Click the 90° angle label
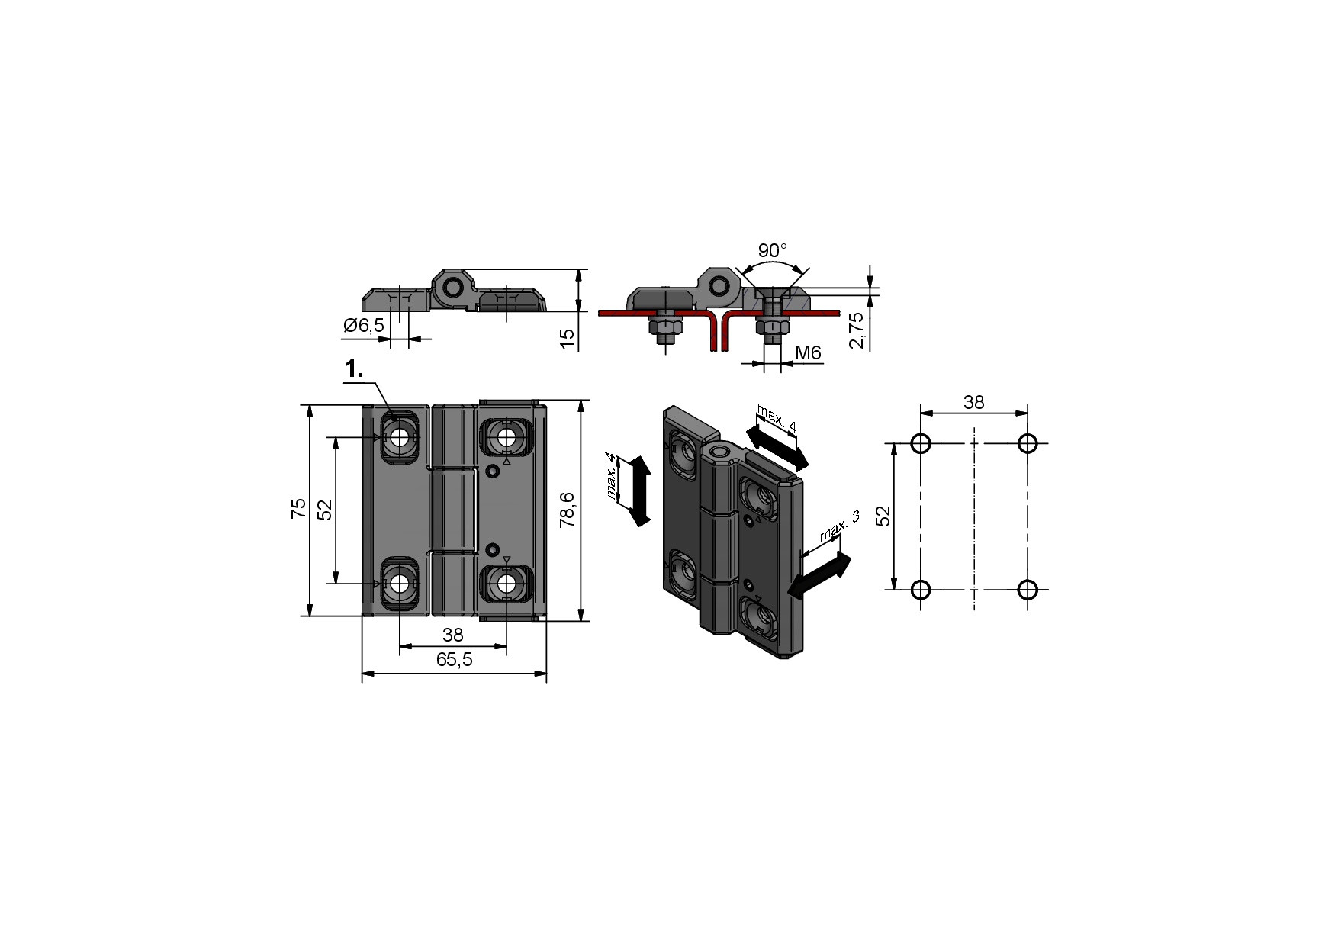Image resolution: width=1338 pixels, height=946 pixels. tap(772, 250)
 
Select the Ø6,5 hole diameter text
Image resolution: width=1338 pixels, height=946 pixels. tap(364, 326)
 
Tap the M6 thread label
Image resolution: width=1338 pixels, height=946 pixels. tap(808, 352)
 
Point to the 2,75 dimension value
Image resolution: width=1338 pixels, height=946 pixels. tap(857, 330)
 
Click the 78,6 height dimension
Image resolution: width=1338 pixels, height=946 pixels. tap(567, 510)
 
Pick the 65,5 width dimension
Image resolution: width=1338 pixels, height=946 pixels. tap(454, 660)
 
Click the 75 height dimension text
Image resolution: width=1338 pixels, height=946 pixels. tap(298, 508)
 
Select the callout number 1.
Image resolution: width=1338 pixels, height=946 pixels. tap(354, 370)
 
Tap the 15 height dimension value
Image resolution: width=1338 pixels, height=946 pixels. tap(567, 339)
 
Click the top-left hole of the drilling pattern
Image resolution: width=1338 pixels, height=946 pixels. tap(921, 443)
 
